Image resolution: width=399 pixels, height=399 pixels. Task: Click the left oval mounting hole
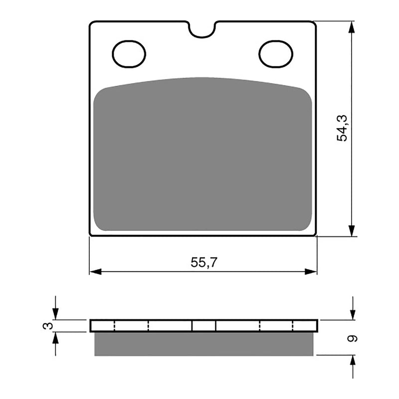(x=129, y=53)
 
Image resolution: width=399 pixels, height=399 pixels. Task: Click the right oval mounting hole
(x=276, y=53)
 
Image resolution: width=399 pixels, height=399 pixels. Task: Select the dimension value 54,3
(x=343, y=128)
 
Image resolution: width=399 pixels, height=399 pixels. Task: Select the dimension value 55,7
(x=204, y=262)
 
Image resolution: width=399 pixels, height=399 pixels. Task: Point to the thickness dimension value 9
(x=353, y=338)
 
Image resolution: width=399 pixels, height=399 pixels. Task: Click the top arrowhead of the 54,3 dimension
(x=352, y=27)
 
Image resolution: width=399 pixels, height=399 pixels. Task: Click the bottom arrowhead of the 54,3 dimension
(x=352, y=230)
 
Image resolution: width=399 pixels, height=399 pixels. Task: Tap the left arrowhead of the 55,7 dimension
(x=95, y=271)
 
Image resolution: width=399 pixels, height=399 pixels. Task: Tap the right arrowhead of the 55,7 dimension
(x=311, y=271)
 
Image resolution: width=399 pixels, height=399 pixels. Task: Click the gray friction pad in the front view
(x=202, y=155)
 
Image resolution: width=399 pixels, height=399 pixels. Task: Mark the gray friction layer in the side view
(x=204, y=344)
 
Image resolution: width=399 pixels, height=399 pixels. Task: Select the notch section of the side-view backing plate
(x=204, y=326)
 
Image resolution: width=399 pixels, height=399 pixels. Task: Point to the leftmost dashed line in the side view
(x=115, y=326)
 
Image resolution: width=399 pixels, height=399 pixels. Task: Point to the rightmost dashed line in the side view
(x=294, y=326)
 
